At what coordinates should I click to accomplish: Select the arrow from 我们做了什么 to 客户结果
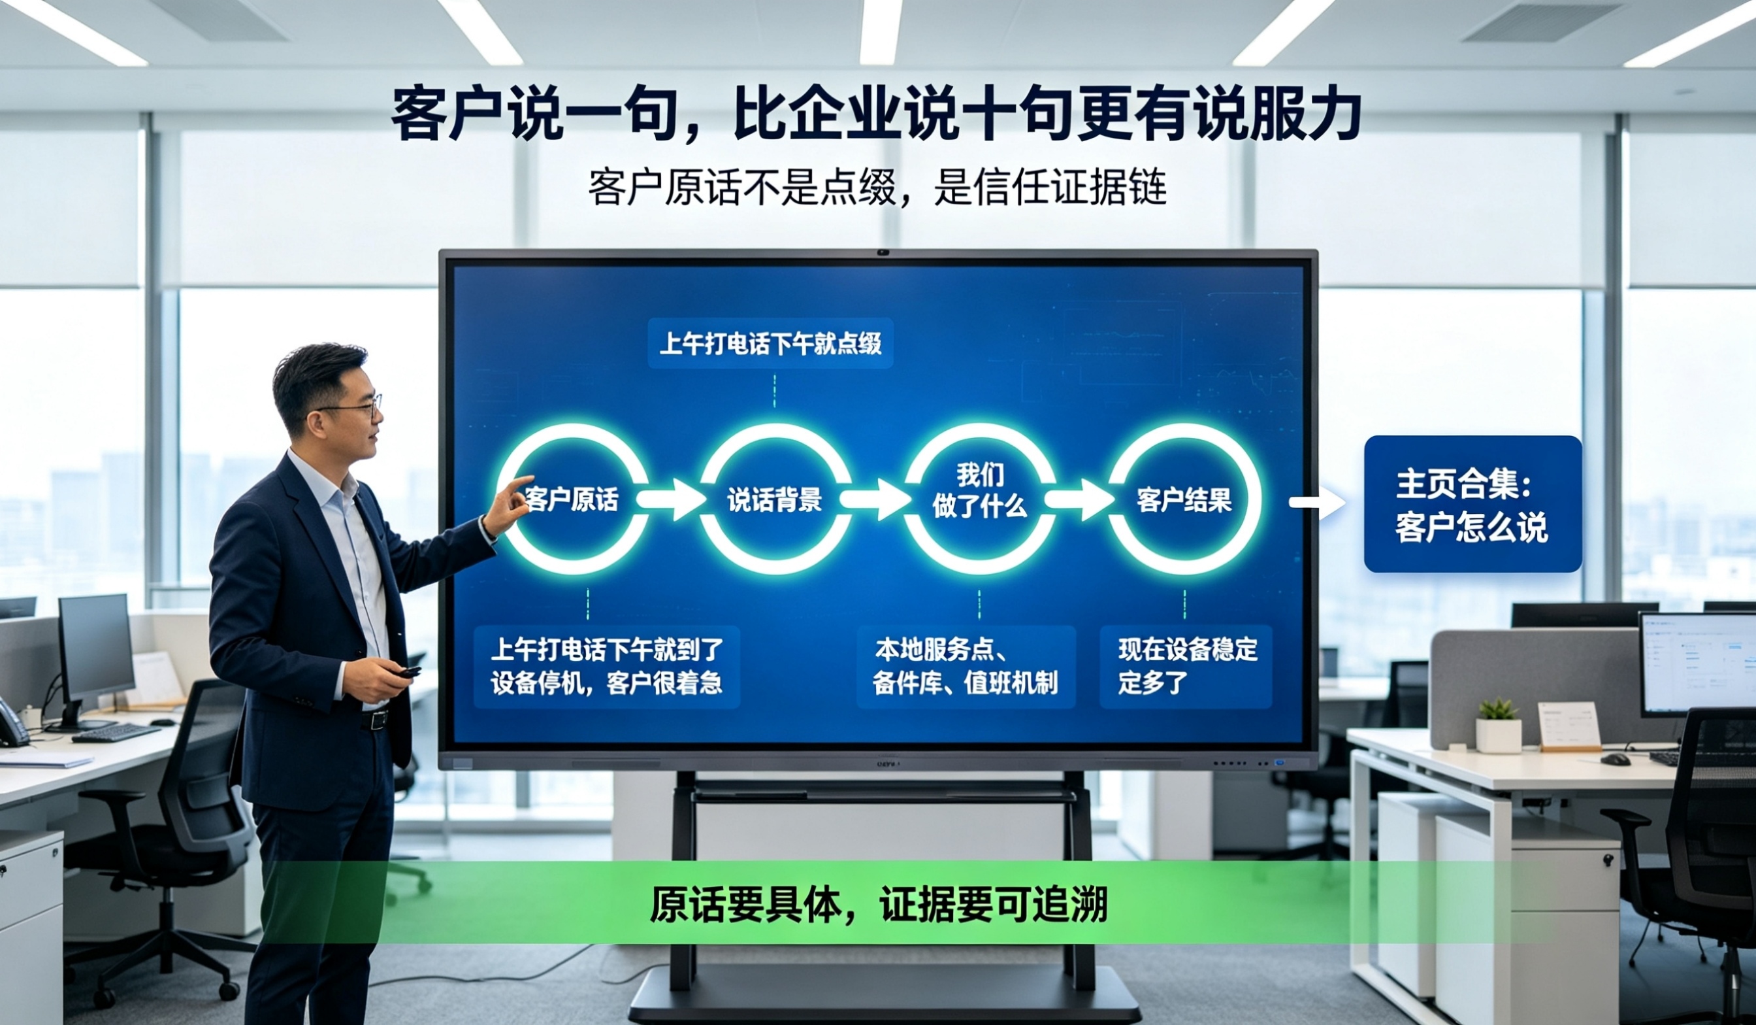pos(1079,499)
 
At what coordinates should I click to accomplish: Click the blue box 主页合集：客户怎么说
pos(1472,503)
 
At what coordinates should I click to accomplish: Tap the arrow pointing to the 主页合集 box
pos(1317,503)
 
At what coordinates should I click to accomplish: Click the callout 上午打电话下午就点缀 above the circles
pos(770,343)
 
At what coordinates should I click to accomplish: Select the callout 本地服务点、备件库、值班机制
pos(966,667)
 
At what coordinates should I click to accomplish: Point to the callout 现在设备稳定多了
pos(1186,667)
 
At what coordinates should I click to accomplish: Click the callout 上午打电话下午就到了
pos(606,667)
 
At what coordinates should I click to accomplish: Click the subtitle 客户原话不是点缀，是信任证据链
pos(877,187)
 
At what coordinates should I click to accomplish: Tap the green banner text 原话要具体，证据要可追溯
pos(878,904)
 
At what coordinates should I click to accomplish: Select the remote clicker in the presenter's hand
pos(407,672)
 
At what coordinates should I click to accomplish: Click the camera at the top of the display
pos(883,252)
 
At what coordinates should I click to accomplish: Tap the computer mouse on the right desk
pos(1616,759)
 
